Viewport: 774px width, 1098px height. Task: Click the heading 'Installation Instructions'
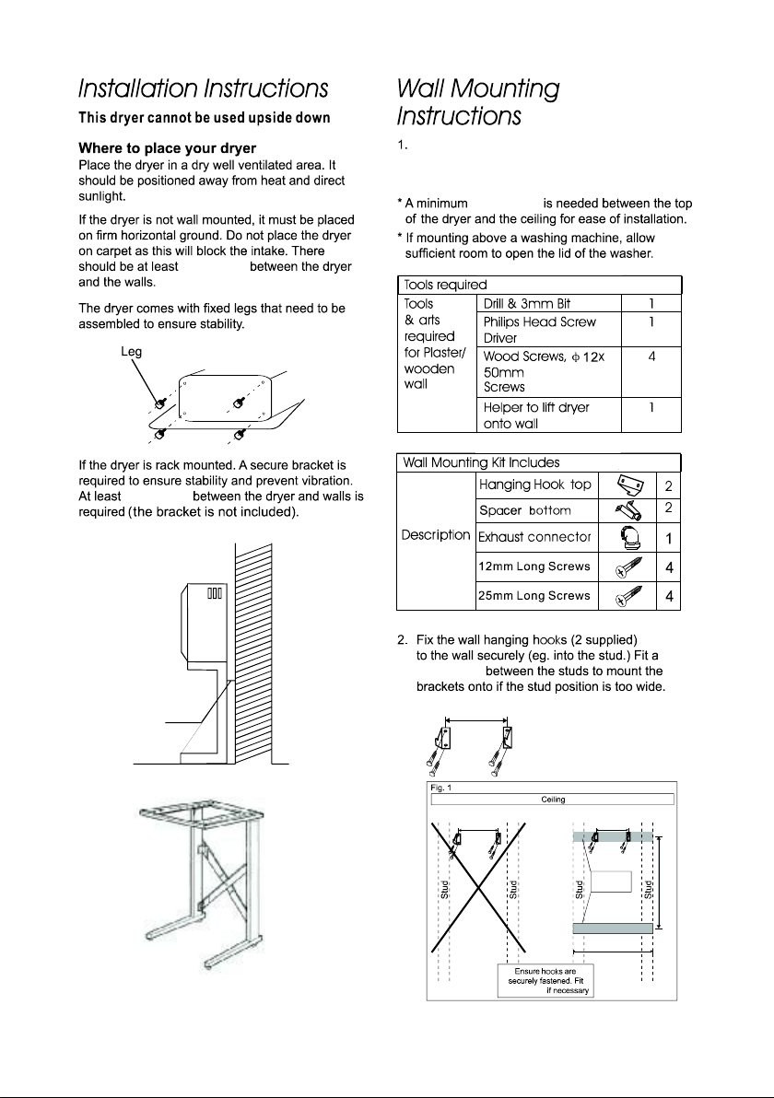[x=203, y=89]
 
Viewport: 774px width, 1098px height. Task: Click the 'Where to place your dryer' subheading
[x=168, y=147]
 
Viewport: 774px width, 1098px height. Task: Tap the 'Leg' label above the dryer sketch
[x=131, y=352]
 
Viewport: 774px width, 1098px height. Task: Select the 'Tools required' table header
[x=445, y=285]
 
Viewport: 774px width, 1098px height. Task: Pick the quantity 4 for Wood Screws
[x=651, y=356]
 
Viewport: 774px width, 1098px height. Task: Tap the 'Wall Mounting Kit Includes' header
[x=481, y=462]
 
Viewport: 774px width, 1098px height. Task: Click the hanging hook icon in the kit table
[x=629, y=485]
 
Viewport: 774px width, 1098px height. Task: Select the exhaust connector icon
[x=628, y=539]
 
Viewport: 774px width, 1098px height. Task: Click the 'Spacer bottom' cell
[x=524, y=510]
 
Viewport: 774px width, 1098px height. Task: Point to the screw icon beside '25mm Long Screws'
[x=628, y=596]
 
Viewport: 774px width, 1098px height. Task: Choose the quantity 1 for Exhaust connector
[x=669, y=539]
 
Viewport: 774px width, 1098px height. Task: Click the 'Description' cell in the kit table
[x=436, y=535]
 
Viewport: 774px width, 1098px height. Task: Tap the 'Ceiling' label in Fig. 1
[x=554, y=800]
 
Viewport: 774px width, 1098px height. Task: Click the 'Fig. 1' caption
[x=441, y=788]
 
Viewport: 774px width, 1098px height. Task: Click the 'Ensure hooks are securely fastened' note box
[x=545, y=980]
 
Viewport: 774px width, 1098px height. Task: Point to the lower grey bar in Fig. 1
[x=612, y=929]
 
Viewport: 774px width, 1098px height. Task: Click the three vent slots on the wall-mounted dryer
[x=215, y=593]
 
